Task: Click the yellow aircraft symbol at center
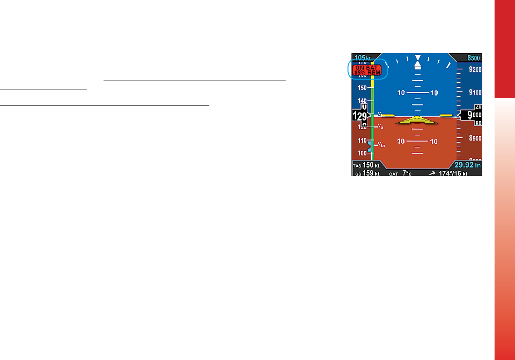point(417,121)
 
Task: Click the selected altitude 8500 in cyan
point(474,58)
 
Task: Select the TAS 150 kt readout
point(366,165)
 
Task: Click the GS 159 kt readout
point(366,173)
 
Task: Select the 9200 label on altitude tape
point(475,70)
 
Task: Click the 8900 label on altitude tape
point(475,138)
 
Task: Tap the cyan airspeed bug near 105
point(370,147)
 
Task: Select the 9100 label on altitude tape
point(475,92)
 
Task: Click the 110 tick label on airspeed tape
point(362,141)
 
